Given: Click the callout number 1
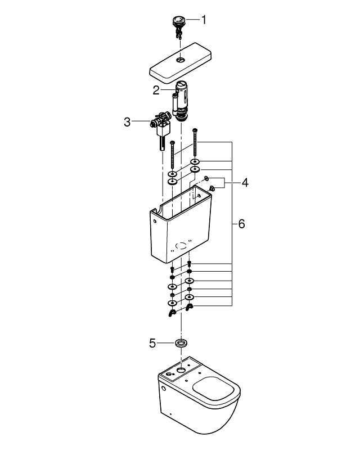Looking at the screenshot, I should point(204,20).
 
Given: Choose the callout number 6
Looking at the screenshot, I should point(241,224).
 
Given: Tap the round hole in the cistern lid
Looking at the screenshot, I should point(180,60).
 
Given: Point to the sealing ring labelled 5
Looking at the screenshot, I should point(181,343).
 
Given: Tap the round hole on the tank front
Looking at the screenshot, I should point(181,246).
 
